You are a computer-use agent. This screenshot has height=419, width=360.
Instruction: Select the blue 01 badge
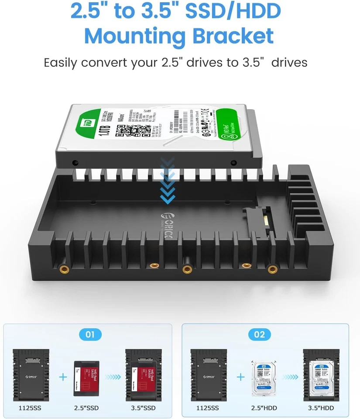point(89,335)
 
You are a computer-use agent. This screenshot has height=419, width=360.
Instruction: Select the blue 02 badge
point(259,335)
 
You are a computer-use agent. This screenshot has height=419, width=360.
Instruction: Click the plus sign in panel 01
point(63,376)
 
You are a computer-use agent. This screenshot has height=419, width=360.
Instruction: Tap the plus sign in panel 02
point(240,376)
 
